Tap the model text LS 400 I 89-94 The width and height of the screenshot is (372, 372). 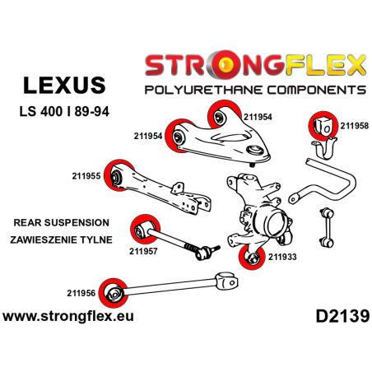[68, 111]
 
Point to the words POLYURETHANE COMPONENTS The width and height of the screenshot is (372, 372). [256, 88]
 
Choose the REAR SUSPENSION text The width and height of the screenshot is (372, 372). [61, 222]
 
